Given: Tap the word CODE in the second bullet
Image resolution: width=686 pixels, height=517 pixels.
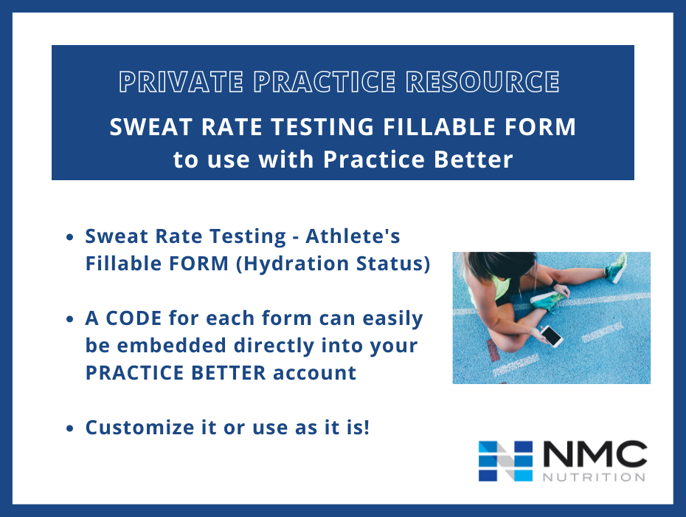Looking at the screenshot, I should [x=139, y=318].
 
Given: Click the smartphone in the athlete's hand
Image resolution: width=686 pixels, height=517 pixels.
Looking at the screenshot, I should [x=550, y=336].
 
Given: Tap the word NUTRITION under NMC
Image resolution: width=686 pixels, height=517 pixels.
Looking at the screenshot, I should [x=595, y=476].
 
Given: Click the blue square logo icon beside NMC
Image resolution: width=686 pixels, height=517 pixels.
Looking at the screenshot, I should [x=505, y=461].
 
